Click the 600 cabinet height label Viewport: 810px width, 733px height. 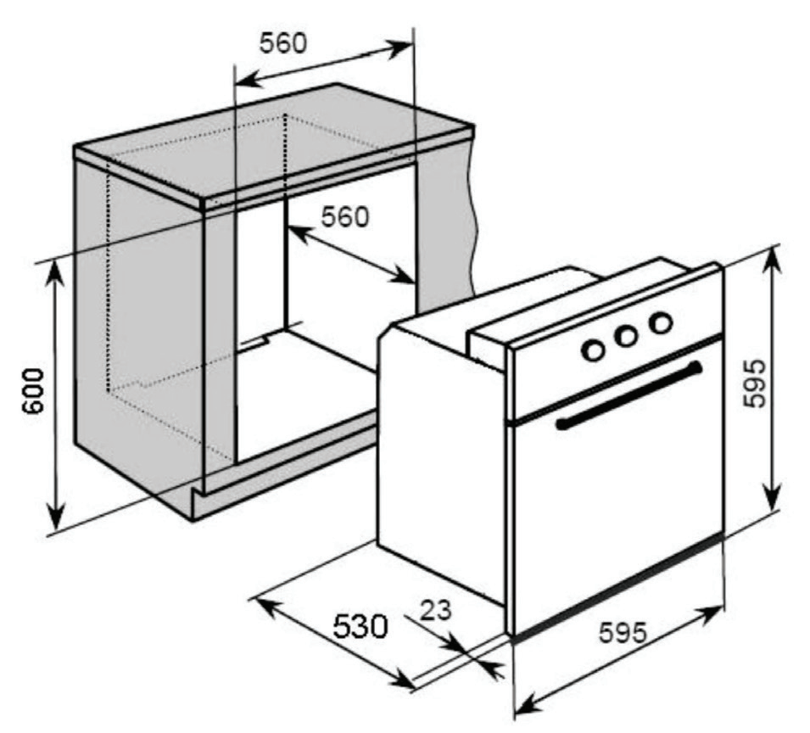click(x=34, y=390)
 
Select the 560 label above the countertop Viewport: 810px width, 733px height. click(x=282, y=42)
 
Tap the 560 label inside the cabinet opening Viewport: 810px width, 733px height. click(x=345, y=216)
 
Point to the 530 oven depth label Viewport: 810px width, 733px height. click(x=360, y=626)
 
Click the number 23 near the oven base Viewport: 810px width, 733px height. click(x=435, y=610)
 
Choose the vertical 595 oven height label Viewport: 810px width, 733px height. click(x=753, y=383)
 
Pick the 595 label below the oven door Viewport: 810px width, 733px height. click(x=623, y=632)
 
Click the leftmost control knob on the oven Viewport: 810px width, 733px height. click(x=593, y=350)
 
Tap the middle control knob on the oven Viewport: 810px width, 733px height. click(x=626, y=337)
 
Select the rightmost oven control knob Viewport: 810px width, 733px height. click(x=660, y=323)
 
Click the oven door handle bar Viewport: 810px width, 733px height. click(x=628, y=395)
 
